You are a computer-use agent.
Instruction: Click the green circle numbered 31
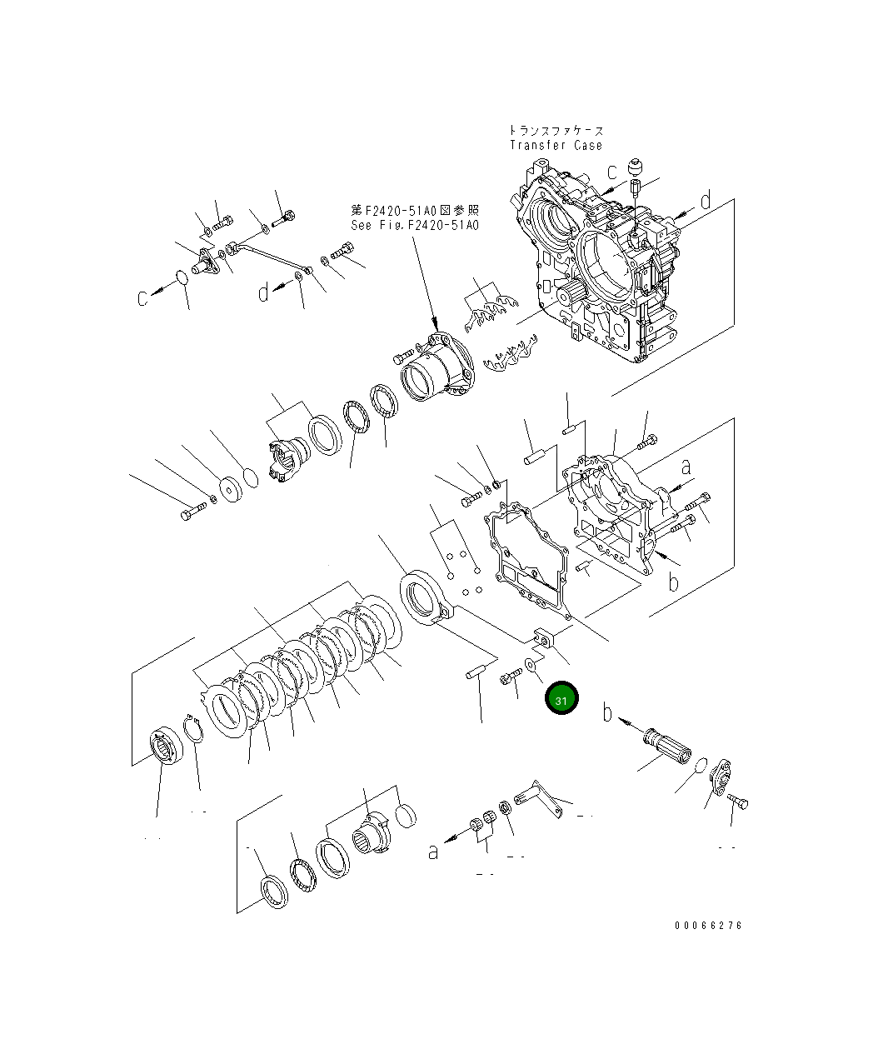pyautogui.click(x=561, y=700)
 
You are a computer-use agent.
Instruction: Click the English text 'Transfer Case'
pyautogui.click(x=556, y=145)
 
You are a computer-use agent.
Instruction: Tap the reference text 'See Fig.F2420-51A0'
pyautogui.click(x=415, y=225)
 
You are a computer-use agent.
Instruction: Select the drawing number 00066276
pyautogui.click(x=708, y=926)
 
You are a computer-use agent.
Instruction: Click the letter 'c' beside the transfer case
pyautogui.click(x=611, y=172)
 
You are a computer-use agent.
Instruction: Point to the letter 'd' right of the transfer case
pyautogui.click(x=705, y=201)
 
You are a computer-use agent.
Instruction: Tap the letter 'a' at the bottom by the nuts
pyautogui.click(x=433, y=851)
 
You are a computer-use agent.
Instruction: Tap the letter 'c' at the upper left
pyautogui.click(x=144, y=297)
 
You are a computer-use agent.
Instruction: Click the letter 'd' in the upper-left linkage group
pyautogui.click(x=263, y=292)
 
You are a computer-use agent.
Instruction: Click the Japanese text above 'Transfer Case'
pyautogui.click(x=556, y=131)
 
